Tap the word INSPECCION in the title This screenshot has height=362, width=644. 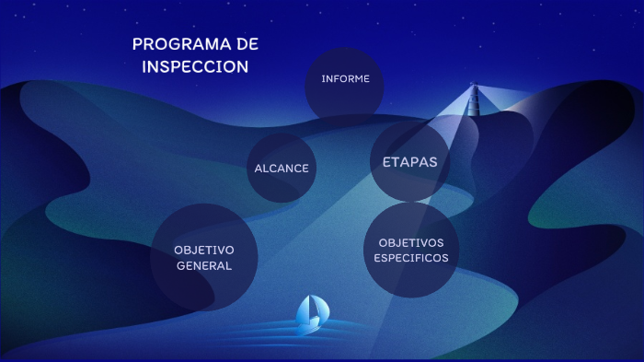pos(195,67)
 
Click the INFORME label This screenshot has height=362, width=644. pos(345,79)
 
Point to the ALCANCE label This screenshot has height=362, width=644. pos(282,169)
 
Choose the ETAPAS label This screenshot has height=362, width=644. pos(409,162)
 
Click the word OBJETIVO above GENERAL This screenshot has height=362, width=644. pos(204,250)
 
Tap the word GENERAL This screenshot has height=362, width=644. pos(203,266)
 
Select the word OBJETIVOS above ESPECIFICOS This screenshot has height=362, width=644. pos(411,242)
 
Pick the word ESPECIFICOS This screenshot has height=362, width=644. pos(411,258)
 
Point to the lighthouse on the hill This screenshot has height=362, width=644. pos(475,101)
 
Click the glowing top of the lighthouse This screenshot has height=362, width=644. pos(475,88)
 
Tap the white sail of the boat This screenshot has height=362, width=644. pos(313,308)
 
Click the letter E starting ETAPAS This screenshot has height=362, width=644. pos(387,162)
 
